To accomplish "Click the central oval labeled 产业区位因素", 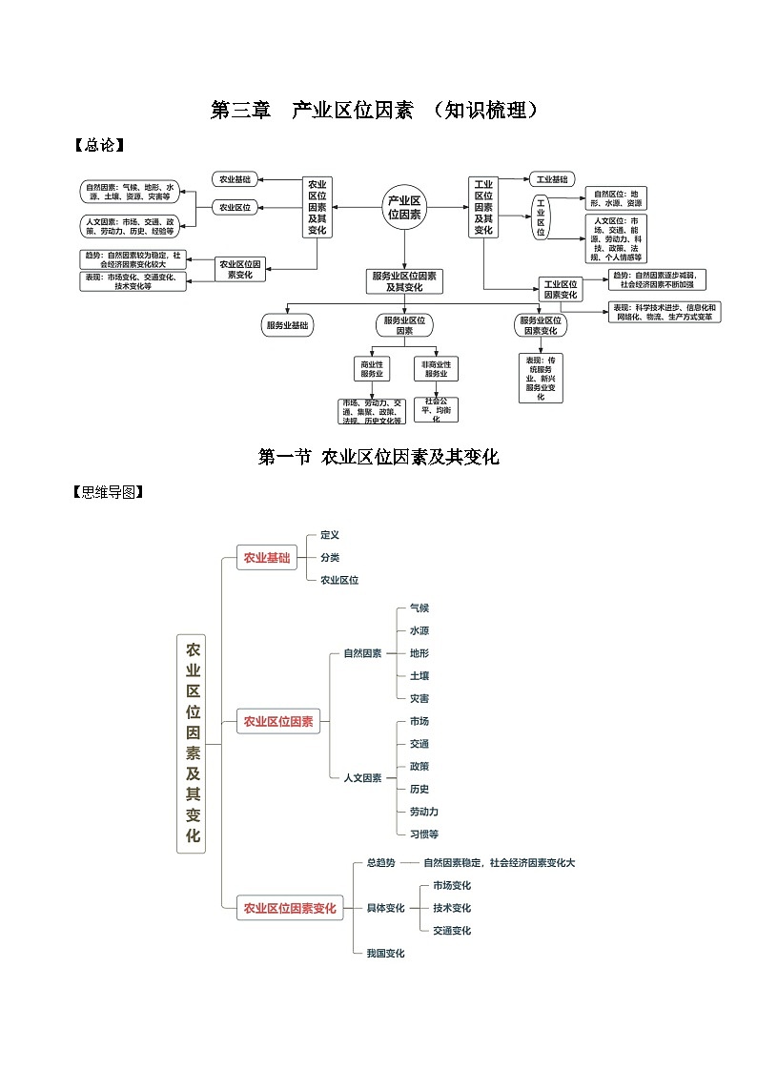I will coord(404,207).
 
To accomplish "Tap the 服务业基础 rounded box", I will coord(287,325).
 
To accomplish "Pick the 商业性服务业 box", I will coord(371,369).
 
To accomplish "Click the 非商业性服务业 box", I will coord(437,369).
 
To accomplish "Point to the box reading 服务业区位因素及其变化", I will coord(404,280).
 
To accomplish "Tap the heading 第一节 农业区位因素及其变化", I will coord(378,457).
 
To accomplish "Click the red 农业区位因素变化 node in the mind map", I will coord(290,908).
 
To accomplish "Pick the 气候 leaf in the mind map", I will coord(419,608).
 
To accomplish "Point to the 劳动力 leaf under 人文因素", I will coord(424,812).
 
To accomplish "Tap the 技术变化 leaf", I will coord(452,908).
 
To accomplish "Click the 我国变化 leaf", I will coord(385,953).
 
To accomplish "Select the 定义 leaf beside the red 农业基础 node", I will coord(330,535).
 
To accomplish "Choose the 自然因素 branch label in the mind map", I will coord(362,653).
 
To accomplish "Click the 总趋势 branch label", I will coord(380,863).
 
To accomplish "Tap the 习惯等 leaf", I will coord(424,834).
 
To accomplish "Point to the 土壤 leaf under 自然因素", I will coord(419,675).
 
